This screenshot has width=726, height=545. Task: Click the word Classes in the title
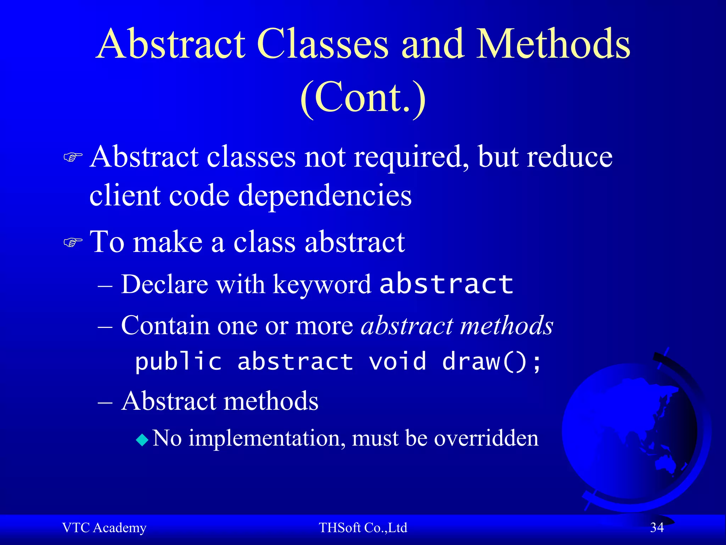323,44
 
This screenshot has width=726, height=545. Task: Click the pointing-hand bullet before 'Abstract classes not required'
73,157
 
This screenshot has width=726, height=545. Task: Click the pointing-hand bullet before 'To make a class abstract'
73,243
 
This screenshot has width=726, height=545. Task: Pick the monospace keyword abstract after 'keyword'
446,284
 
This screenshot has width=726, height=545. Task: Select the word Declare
164,284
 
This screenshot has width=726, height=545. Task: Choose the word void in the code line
397,362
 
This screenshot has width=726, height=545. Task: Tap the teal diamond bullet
142,440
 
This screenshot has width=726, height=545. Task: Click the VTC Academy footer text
104,528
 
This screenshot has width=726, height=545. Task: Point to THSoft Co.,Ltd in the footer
363,528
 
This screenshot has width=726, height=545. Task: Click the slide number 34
657,528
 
